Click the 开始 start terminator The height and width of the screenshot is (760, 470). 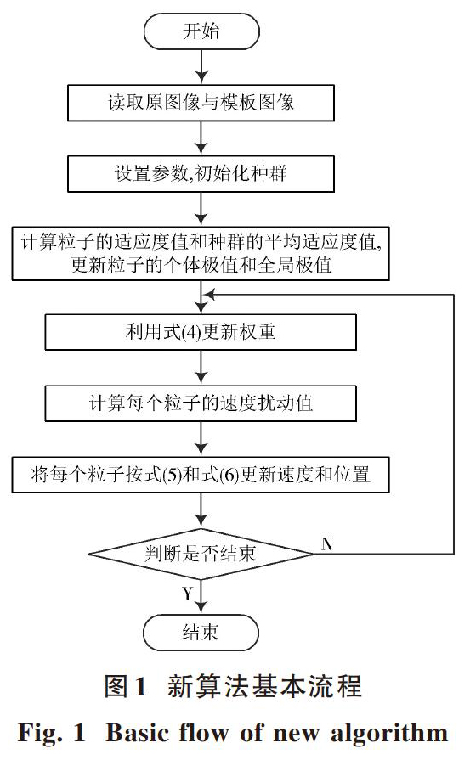[x=201, y=31]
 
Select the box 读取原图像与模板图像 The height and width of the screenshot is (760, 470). [x=201, y=103]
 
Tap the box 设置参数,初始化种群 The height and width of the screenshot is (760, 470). [x=201, y=173]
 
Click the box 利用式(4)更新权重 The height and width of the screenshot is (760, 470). [x=201, y=332]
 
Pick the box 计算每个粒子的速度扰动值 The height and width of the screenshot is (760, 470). [x=201, y=403]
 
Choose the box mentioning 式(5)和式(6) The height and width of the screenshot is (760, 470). [x=201, y=475]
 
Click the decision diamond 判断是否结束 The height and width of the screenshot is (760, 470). [x=201, y=554]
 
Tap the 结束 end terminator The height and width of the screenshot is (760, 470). [x=201, y=633]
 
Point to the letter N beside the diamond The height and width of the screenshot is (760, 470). [x=327, y=543]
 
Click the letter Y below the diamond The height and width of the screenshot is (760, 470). [x=188, y=594]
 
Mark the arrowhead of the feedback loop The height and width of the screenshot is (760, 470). [x=208, y=294]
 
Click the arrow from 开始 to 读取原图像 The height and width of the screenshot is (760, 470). [x=201, y=67]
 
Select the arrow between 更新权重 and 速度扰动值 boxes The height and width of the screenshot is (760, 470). [x=201, y=368]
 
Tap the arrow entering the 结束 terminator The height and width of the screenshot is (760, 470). [x=201, y=597]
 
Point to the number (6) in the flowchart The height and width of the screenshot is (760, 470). [x=229, y=475]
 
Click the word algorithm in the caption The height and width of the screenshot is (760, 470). [x=389, y=733]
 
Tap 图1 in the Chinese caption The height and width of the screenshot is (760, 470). [x=125, y=687]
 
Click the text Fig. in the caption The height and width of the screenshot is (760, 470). [x=40, y=734]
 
